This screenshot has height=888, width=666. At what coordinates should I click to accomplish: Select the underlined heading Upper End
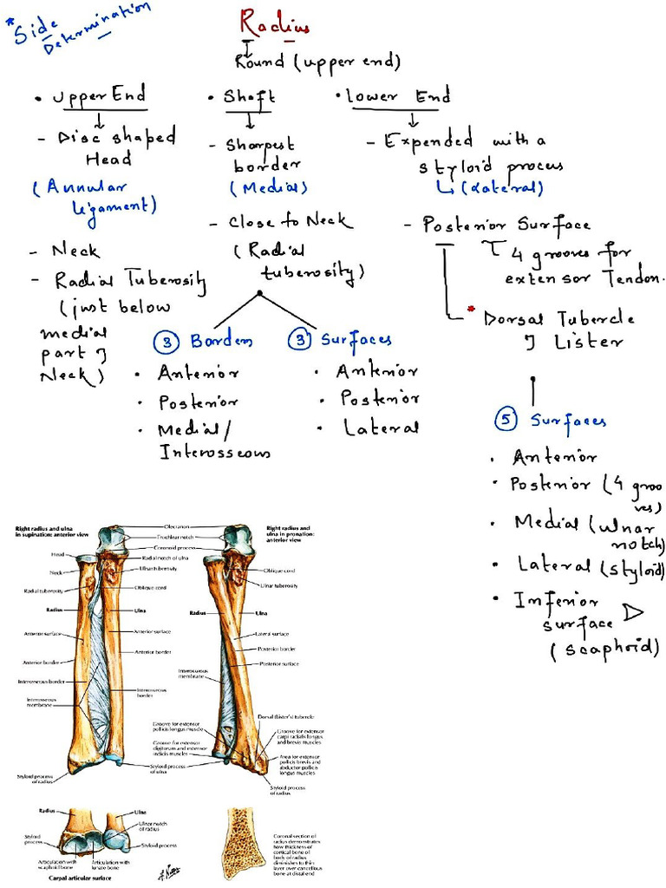click(99, 95)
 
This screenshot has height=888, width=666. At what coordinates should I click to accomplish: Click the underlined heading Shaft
click(245, 96)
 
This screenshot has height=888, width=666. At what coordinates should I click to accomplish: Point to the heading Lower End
click(398, 96)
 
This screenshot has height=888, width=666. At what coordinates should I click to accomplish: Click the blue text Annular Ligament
click(95, 197)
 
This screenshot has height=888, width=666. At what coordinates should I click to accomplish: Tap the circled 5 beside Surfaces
click(506, 421)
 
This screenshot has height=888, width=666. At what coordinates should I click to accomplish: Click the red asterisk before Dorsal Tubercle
click(472, 310)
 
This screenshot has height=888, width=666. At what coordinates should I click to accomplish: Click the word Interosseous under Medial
click(214, 453)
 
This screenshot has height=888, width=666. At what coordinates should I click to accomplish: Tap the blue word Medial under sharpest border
click(269, 187)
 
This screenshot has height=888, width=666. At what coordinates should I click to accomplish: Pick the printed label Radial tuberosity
click(35, 591)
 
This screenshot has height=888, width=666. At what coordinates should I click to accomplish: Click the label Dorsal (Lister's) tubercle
click(286, 718)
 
